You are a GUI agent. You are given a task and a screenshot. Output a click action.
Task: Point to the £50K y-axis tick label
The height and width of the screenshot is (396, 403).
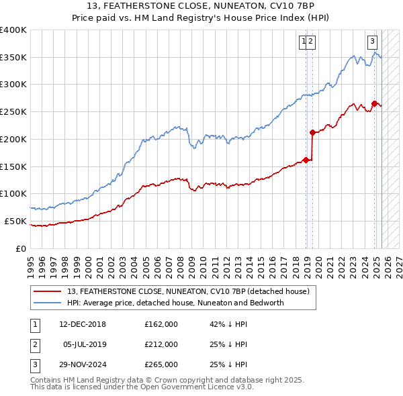coord(16,221)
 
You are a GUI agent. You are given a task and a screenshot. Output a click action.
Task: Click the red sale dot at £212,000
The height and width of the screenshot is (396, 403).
coord(312,133)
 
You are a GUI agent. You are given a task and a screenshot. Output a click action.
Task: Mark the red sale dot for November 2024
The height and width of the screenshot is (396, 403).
coord(374,103)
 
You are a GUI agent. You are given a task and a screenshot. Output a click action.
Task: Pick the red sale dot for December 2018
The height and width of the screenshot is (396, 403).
coord(306,160)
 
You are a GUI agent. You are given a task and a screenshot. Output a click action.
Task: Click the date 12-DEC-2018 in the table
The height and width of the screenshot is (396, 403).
coord(83,324)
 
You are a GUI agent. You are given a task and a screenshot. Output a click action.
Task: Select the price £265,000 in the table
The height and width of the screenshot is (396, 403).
coord(161,364)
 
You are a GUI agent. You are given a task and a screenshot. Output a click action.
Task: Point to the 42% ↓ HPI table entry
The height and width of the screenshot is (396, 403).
coord(228,324)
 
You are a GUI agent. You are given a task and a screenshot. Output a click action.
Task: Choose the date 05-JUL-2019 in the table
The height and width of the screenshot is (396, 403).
coord(83,344)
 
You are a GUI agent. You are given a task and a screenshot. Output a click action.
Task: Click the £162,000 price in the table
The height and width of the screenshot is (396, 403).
coord(161,324)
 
